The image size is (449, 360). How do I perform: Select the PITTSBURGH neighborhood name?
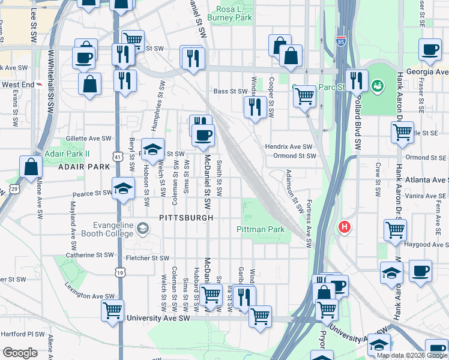pyautogui.click(x=186, y=217)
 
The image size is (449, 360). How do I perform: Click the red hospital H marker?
pyautogui.click(x=344, y=227)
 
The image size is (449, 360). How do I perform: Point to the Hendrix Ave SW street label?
pyautogui.click(x=289, y=146)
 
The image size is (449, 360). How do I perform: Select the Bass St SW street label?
pyautogui.click(x=231, y=91)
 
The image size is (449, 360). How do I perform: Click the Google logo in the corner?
pyautogui.click(x=20, y=353)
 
